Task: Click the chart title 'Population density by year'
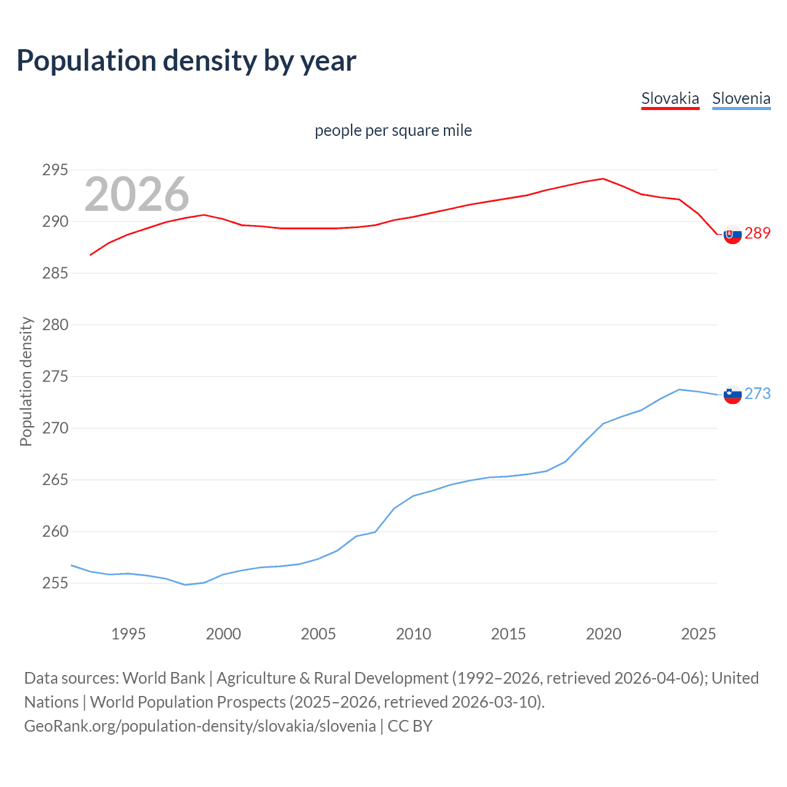coord(186,60)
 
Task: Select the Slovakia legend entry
coord(670,98)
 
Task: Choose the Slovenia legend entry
coord(741,98)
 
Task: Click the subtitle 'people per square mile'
coord(393,130)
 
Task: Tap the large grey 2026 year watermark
coord(136,194)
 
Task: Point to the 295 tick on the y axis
coord(55,170)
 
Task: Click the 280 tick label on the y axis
coord(55,325)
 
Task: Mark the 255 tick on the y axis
coord(55,583)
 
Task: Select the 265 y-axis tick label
coord(55,480)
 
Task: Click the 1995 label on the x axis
coord(128,634)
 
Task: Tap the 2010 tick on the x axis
coord(413,634)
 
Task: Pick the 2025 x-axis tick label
coord(698,634)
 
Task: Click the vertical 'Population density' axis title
coord(26,381)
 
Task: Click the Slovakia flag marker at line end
coord(732,234)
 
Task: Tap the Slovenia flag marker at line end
coord(732,395)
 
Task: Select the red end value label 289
coord(757,233)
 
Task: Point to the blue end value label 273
coord(757,393)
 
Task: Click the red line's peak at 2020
coord(603,178)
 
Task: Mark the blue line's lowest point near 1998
coord(185,585)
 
